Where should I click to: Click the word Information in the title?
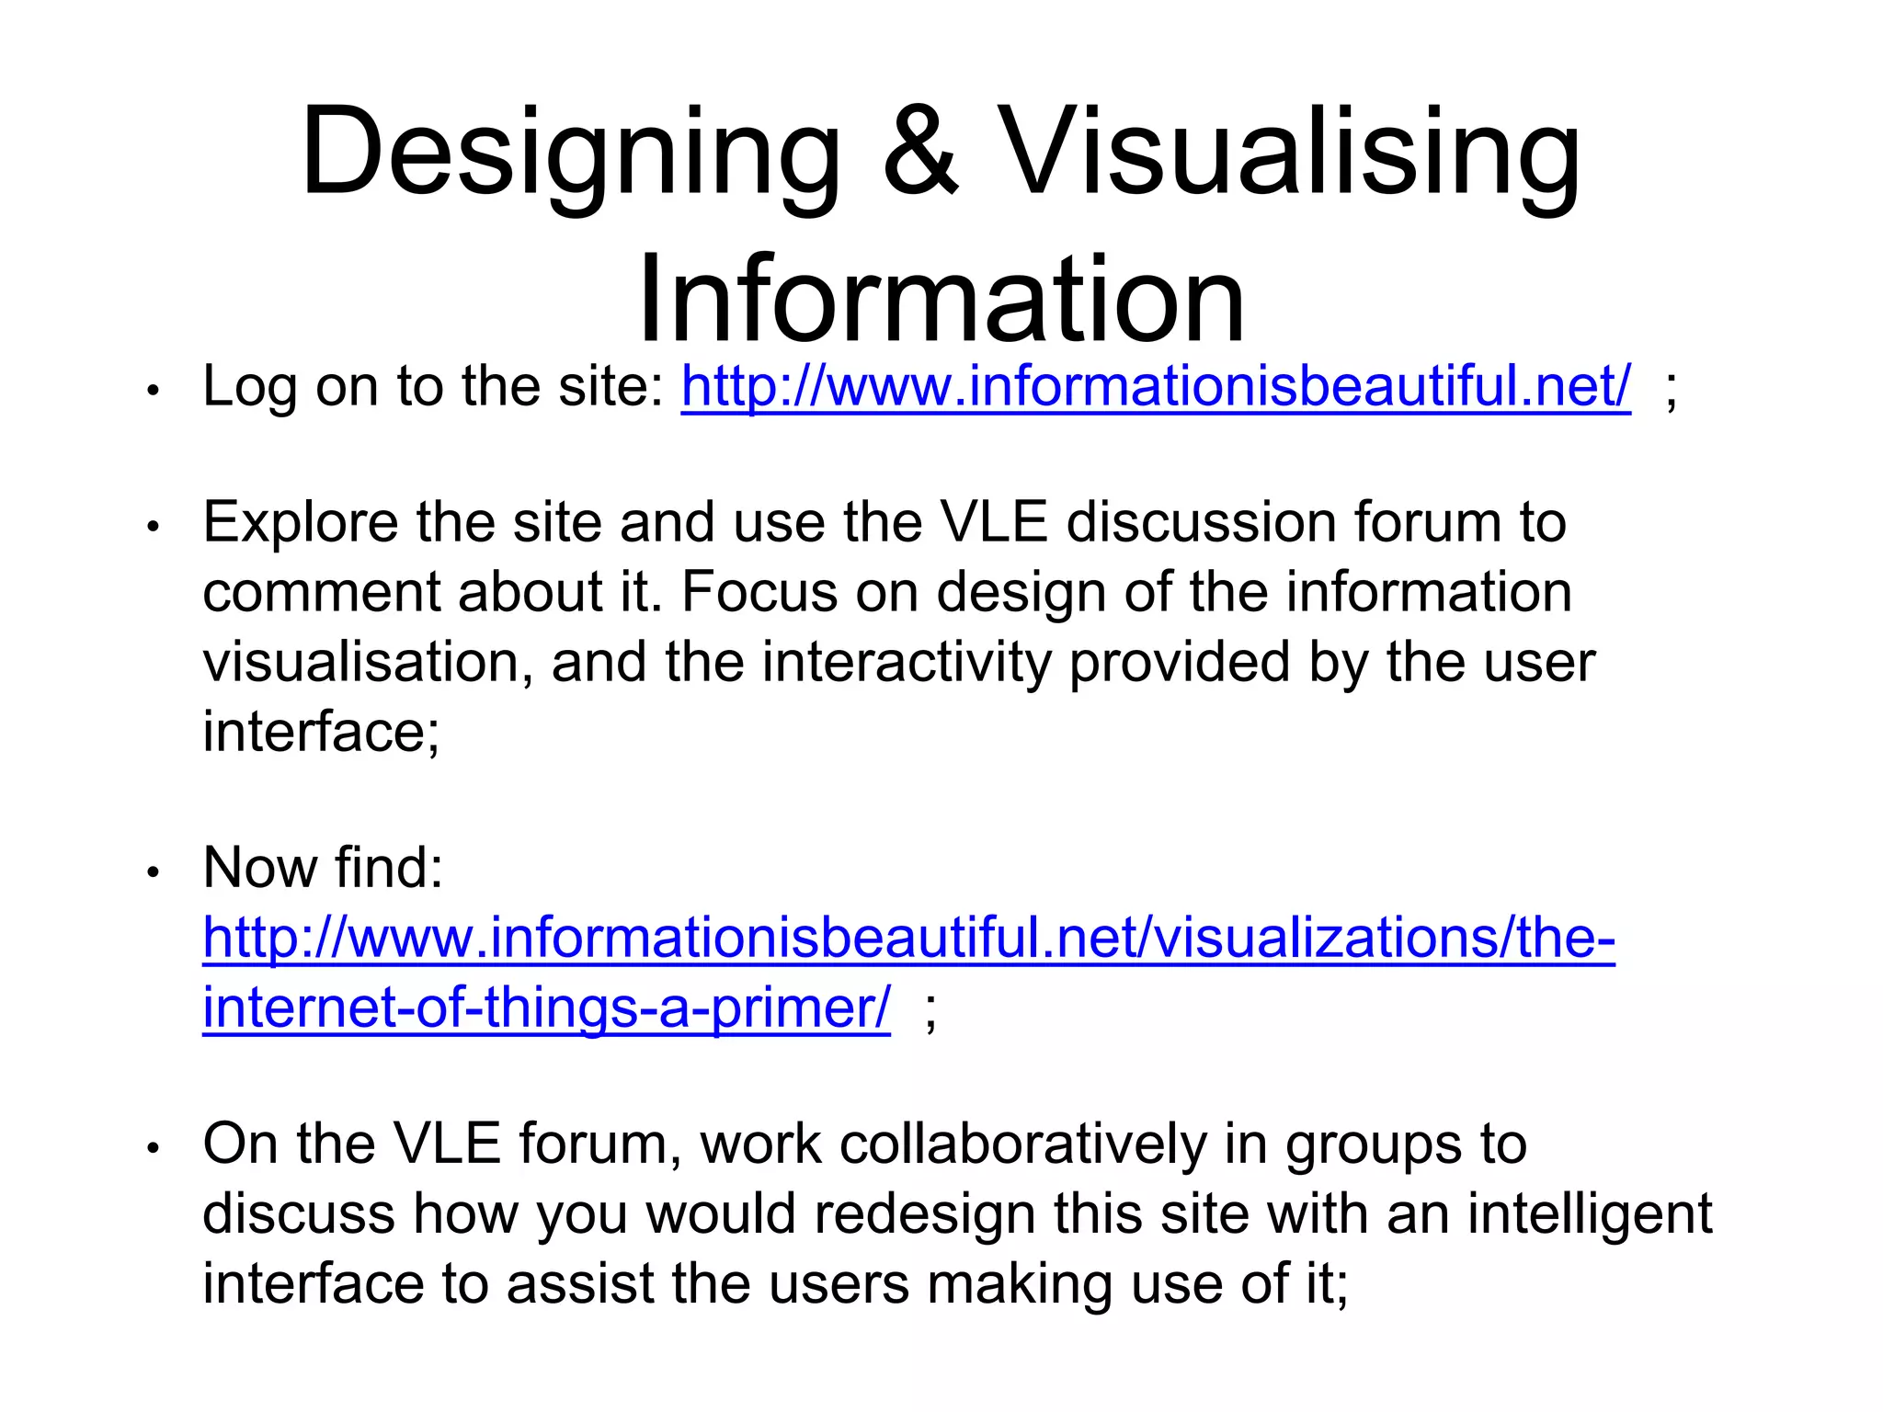coord(941,299)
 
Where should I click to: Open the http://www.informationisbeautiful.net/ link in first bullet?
coord(1156,386)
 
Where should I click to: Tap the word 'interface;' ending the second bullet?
coord(322,732)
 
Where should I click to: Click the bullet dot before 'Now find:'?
coord(154,871)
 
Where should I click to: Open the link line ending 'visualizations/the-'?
coord(908,938)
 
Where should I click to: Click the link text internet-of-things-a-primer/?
coord(546,1008)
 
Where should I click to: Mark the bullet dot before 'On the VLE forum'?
coord(154,1148)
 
